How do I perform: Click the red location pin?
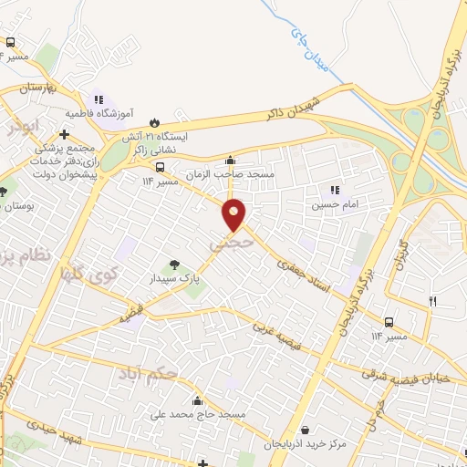coord(234,214)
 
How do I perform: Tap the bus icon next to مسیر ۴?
coord(11,43)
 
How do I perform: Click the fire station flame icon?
coord(154,121)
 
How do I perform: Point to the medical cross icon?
coord(64,134)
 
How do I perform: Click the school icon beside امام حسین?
coord(335,190)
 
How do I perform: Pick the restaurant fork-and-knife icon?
coord(433,300)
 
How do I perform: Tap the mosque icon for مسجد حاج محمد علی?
coord(197,401)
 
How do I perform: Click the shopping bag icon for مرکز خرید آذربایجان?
coord(304,430)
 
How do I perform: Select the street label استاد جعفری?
coord(302,271)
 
